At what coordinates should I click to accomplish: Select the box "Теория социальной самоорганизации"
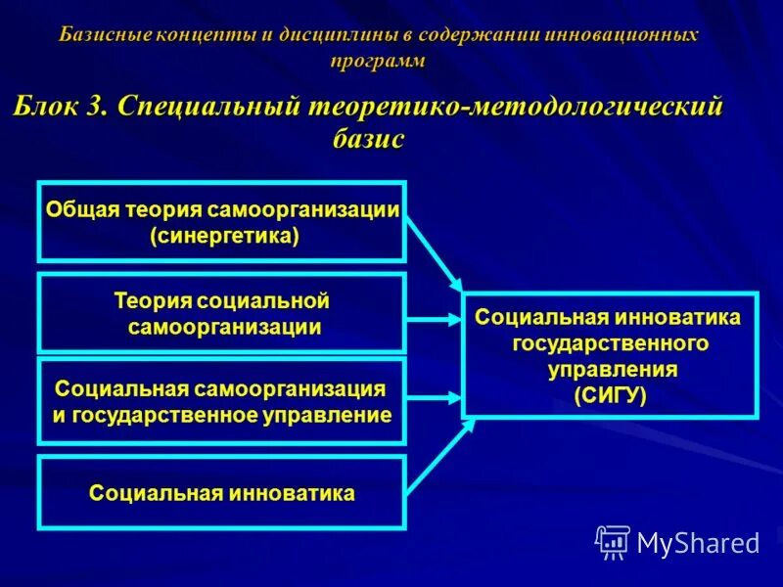tap(221, 313)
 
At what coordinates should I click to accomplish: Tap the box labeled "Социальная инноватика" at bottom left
tap(221, 492)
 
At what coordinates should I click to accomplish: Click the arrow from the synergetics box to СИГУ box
tap(433, 252)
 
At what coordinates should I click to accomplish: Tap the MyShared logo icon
tap(613, 541)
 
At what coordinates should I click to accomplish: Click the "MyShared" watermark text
tap(698, 542)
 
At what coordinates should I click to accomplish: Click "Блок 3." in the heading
tap(59, 107)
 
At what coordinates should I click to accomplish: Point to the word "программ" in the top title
tap(378, 61)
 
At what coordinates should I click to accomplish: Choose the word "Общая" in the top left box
tap(81, 210)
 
